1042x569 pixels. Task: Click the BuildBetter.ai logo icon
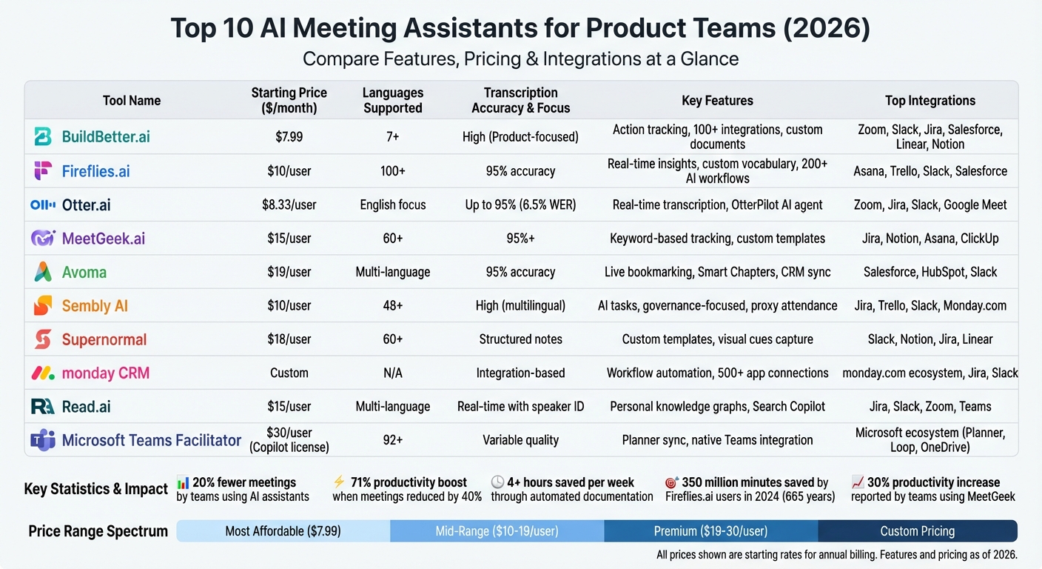[43, 136]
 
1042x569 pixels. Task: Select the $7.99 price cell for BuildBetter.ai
[289, 137]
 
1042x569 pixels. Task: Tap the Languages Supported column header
[393, 100]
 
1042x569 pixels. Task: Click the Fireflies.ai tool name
[95, 171]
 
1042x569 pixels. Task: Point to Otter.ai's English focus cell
[393, 204]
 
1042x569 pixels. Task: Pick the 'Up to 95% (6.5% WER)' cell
[521, 204]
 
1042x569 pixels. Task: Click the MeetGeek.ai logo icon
[43, 239]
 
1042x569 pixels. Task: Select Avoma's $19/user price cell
[289, 272]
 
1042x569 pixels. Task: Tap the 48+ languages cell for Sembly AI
[393, 305]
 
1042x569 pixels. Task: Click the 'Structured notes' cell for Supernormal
[521, 339]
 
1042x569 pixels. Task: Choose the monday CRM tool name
[105, 373]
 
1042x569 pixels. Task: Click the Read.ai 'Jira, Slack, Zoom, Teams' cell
[930, 406]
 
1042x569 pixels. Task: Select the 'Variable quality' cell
[521, 440]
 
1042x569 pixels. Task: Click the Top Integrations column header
[930, 100]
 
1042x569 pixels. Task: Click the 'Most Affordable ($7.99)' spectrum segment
[283, 531]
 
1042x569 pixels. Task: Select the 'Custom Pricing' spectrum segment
[917, 531]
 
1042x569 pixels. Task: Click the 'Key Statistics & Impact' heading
[96, 489]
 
